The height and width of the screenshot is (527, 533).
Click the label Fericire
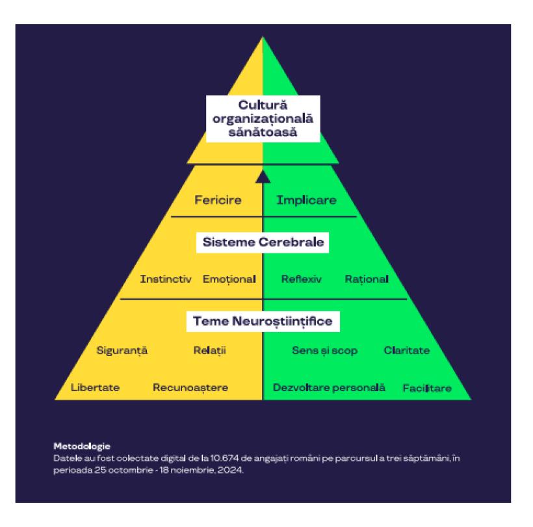218,200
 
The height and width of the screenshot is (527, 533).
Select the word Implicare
307,200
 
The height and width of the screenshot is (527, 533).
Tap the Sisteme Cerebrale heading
263,243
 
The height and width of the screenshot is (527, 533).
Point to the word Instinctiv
166,279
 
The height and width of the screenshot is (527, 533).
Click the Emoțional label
229,279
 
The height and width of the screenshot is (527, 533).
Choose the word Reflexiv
302,279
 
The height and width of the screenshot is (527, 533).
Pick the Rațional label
366,279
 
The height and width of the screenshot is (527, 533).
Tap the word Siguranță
122,351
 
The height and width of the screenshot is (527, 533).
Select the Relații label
209,351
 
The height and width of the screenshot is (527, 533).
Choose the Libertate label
95,388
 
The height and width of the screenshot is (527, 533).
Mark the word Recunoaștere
190,388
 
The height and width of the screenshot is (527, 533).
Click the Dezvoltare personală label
330,388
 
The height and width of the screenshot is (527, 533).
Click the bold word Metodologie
82,446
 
